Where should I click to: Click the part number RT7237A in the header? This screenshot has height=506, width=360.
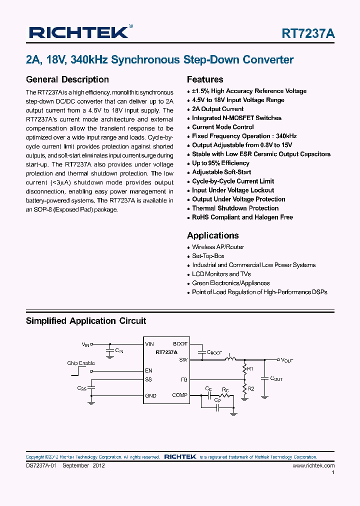(308, 33)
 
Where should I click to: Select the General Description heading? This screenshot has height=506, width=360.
(67, 79)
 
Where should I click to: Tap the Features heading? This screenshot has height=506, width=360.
(205, 79)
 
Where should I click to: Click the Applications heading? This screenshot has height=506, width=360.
(212, 235)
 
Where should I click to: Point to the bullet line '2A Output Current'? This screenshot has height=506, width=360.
(217, 109)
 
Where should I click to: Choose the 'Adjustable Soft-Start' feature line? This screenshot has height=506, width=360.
(221, 172)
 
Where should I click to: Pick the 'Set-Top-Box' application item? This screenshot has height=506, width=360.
(208, 256)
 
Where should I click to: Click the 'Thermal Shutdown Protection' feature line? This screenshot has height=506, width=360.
(235, 208)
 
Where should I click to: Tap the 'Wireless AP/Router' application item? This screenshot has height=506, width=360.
(218, 247)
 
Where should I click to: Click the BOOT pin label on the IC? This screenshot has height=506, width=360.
(180, 344)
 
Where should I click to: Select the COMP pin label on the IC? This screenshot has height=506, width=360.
(179, 395)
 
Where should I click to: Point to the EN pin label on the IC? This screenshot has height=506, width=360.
(148, 370)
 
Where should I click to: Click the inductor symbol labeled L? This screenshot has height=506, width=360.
(231, 359)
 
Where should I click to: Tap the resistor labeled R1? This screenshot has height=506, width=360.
(244, 369)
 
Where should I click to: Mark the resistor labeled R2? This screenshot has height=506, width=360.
(244, 388)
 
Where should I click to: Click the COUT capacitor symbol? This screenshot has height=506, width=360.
(264, 378)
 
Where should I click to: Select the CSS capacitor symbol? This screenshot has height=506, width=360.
(91, 388)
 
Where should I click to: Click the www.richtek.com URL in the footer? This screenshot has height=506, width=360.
(313, 465)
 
